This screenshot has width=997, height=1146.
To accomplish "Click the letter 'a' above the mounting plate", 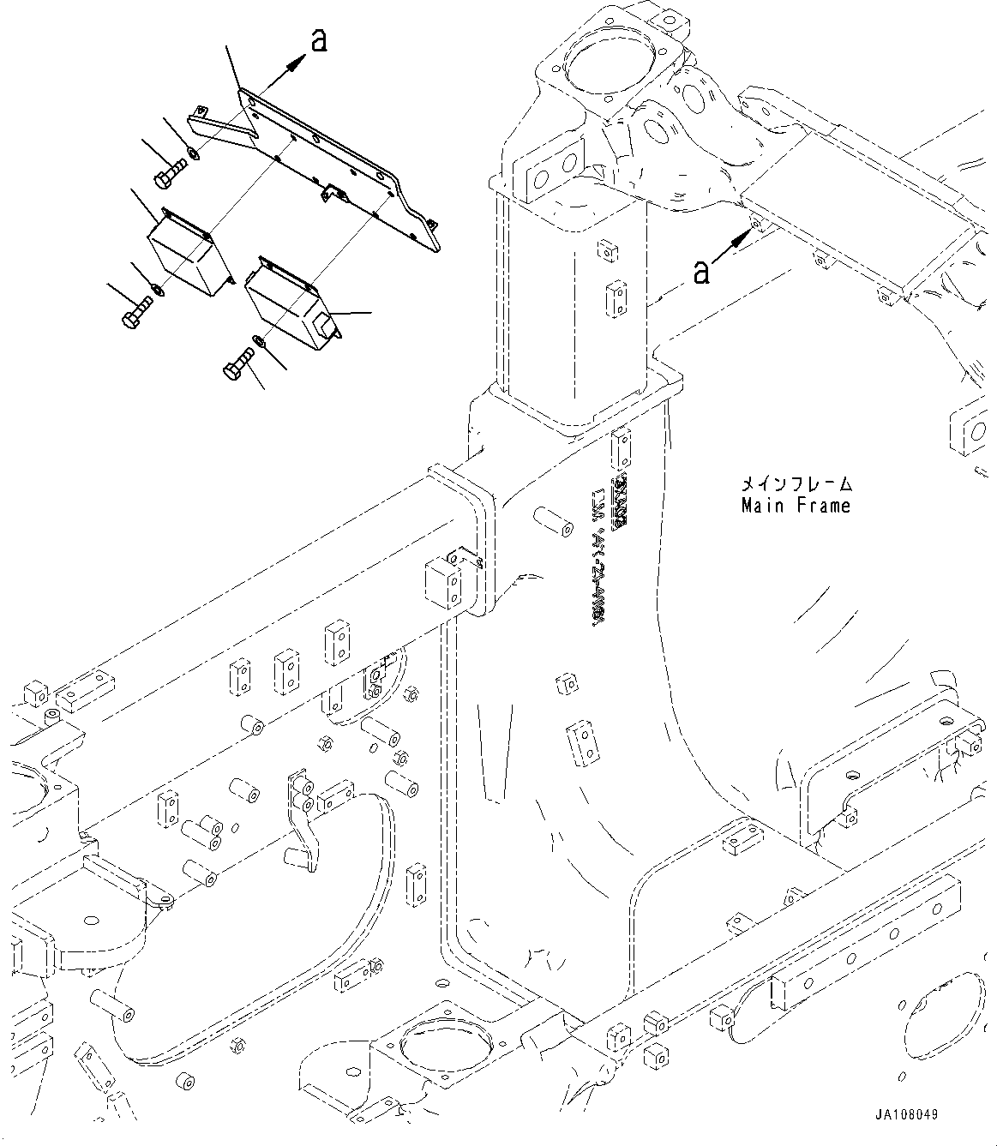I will (319, 40).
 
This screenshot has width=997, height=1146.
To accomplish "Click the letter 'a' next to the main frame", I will (701, 272).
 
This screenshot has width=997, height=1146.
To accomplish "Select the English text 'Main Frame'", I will (796, 506).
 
